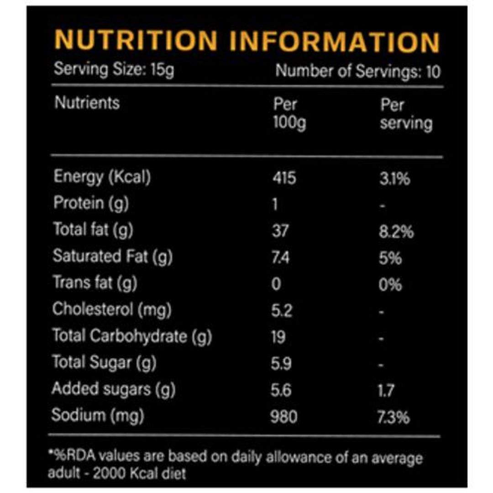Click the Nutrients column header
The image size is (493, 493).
point(87,103)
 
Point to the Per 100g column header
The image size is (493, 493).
point(289,114)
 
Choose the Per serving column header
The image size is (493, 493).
point(406,114)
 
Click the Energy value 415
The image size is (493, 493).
point(283,177)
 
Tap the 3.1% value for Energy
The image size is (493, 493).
point(395,178)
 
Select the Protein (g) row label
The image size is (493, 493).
point(91,203)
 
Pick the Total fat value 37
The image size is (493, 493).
point(280,231)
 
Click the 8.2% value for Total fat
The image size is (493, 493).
point(397,231)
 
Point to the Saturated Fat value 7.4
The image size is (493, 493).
point(280,257)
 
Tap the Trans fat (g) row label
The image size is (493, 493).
point(94,283)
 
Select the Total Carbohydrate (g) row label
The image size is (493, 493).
point(132,336)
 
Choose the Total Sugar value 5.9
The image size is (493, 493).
point(281,363)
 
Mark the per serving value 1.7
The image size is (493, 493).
point(387,390)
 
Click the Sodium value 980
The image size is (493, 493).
point(283,416)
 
